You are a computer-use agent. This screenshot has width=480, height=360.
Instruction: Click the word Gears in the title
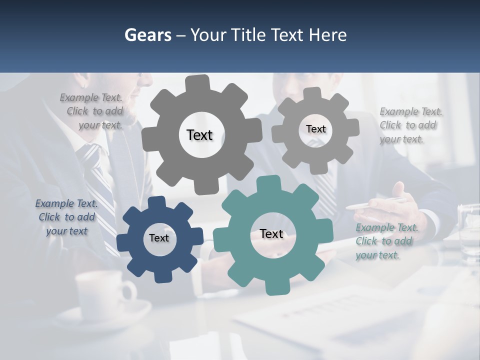(147, 35)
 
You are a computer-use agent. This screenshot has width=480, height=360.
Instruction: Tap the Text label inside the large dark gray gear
(199, 135)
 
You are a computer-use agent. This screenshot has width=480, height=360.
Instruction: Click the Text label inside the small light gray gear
(315, 129)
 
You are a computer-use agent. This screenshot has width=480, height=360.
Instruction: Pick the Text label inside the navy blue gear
(159, 238)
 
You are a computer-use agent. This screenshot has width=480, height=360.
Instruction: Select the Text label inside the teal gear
(271, 234)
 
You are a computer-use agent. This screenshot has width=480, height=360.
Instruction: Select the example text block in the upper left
(92, 111)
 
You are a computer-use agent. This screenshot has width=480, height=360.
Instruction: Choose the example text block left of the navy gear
(66, 217)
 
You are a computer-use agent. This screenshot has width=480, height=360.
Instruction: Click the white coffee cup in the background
(105, 295)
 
